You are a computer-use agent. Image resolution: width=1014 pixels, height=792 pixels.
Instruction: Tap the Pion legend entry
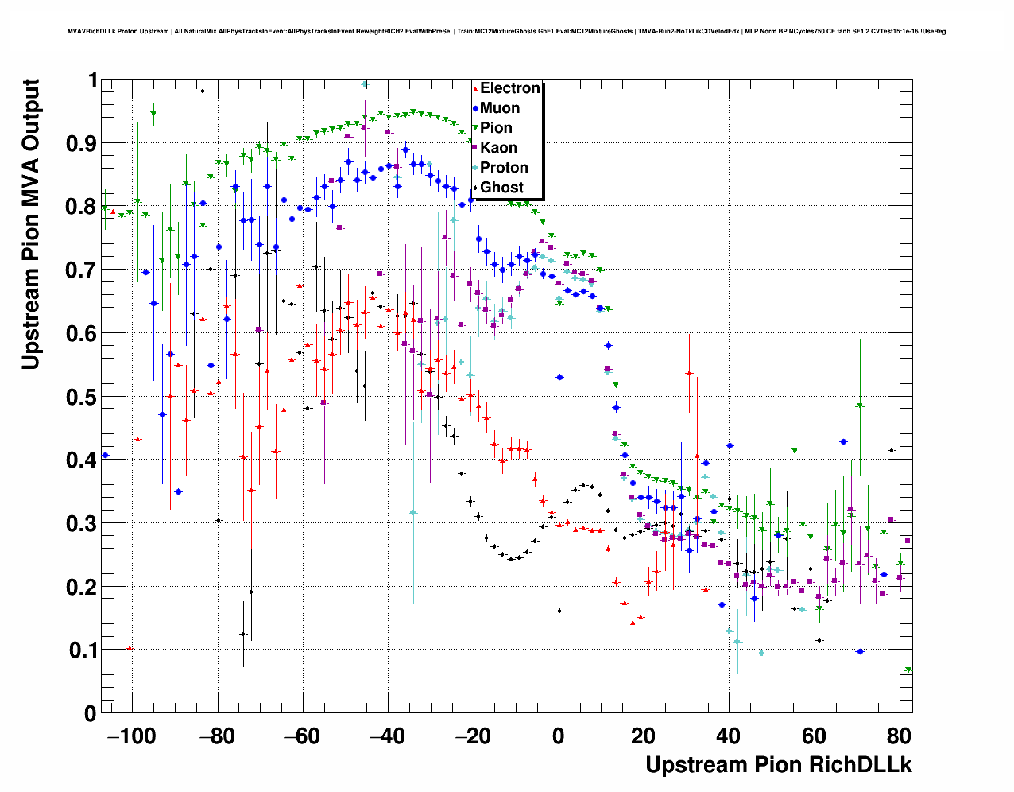(496, 128)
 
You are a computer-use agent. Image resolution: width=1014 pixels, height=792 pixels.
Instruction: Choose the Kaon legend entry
(498, 148)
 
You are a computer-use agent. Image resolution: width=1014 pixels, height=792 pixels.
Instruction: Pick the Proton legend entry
(503, 168)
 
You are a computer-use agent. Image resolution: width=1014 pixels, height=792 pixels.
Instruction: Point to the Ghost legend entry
(501, 188)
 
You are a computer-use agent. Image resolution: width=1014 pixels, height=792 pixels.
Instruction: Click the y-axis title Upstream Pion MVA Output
(30, 224)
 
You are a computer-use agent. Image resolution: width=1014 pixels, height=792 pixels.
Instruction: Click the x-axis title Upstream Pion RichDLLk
(778, 765)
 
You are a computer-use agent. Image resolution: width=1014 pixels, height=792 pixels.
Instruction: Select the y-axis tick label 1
(93, 80)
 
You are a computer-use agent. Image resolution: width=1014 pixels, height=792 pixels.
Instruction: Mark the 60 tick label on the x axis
(814, 736)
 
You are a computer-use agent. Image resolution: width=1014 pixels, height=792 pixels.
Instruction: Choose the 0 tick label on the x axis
(559, 736)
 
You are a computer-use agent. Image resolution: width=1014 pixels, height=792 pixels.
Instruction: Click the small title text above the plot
(506, 32)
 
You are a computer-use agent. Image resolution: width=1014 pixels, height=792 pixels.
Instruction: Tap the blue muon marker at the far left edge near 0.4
(105, 456)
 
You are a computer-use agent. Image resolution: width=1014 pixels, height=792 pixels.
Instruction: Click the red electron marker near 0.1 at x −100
(130, 649)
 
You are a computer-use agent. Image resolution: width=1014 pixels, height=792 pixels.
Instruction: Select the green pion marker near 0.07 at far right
(908, 670)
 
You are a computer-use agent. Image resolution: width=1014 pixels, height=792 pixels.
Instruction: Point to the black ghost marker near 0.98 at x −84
(203, 91)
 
